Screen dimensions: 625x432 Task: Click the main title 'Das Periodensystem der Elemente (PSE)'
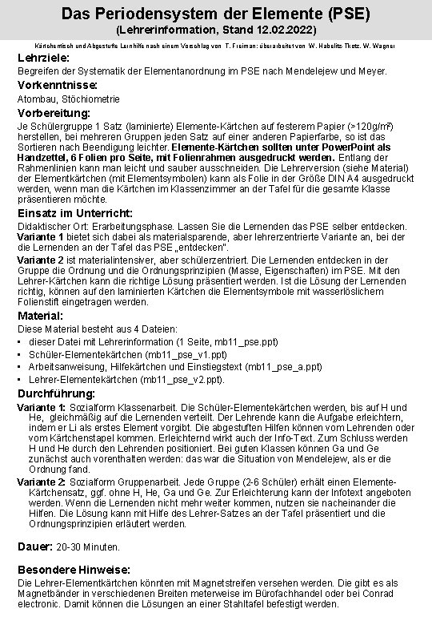pos(216,13)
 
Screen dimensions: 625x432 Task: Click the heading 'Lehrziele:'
pos(46,59)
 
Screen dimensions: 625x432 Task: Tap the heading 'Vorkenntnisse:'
pos(58,85)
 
